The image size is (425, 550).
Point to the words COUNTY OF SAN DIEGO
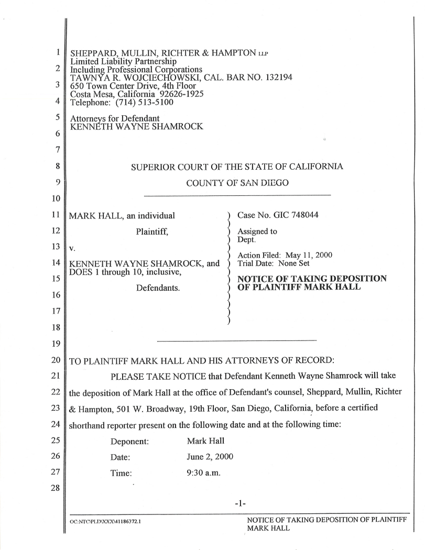[x=237, y=184]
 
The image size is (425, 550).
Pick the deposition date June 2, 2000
[x=210, y=457]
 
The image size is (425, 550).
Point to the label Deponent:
[x=130, y=441]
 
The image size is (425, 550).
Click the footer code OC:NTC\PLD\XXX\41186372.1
[x=110, y=523]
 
